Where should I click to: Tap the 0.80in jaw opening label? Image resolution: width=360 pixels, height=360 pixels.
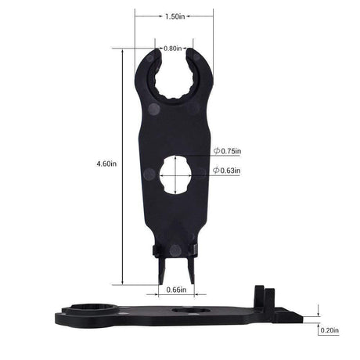(x=174, y=48)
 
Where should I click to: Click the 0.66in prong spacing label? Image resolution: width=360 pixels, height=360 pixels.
(x=178, y=290)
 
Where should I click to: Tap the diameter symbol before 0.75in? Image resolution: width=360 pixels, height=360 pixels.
(x=216, y=151)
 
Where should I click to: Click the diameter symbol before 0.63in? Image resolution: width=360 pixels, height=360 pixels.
(x=216, y=169)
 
